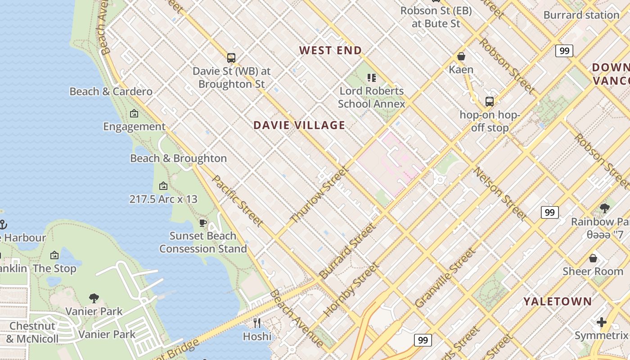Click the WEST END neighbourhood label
pos(331,50)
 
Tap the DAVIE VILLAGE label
pos(299,125)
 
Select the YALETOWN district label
pos(557,301)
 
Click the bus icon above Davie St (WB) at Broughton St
pos(231,58)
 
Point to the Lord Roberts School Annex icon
pos(372,78)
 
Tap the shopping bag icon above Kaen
pos(461,56)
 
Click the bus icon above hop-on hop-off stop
pos(490,101)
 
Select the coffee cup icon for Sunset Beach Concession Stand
pos(203,223)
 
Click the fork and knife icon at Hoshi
pos(257,323)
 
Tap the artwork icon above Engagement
pos(134,113)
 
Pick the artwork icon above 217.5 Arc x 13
pos(163,185)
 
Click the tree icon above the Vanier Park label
pos(94,298)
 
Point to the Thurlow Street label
pos(319,194)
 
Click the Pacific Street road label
pos(237,201)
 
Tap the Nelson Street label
pos(499,194)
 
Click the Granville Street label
pos(445,278)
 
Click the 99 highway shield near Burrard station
pos(564,51)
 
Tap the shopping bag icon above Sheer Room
pos(593,258)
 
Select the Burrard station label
pos(581,15)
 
